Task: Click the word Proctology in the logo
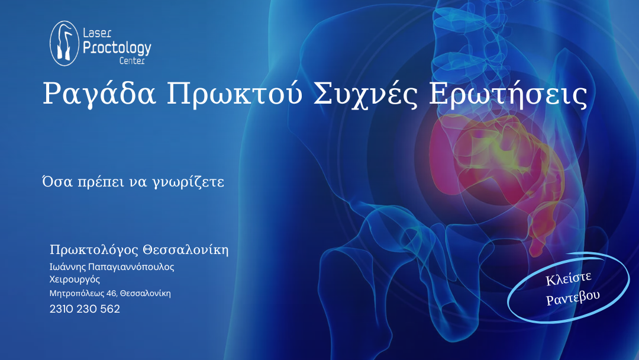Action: click(117, 48)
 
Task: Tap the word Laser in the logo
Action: click(97, 33)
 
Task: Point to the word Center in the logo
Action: click(132, 61)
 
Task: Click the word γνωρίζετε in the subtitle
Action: click(188, 182)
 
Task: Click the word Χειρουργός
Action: click(75, 279)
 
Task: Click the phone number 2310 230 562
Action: click(85, 309)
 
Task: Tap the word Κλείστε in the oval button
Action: click(569, 278)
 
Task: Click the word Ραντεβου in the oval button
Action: click(573, 298)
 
